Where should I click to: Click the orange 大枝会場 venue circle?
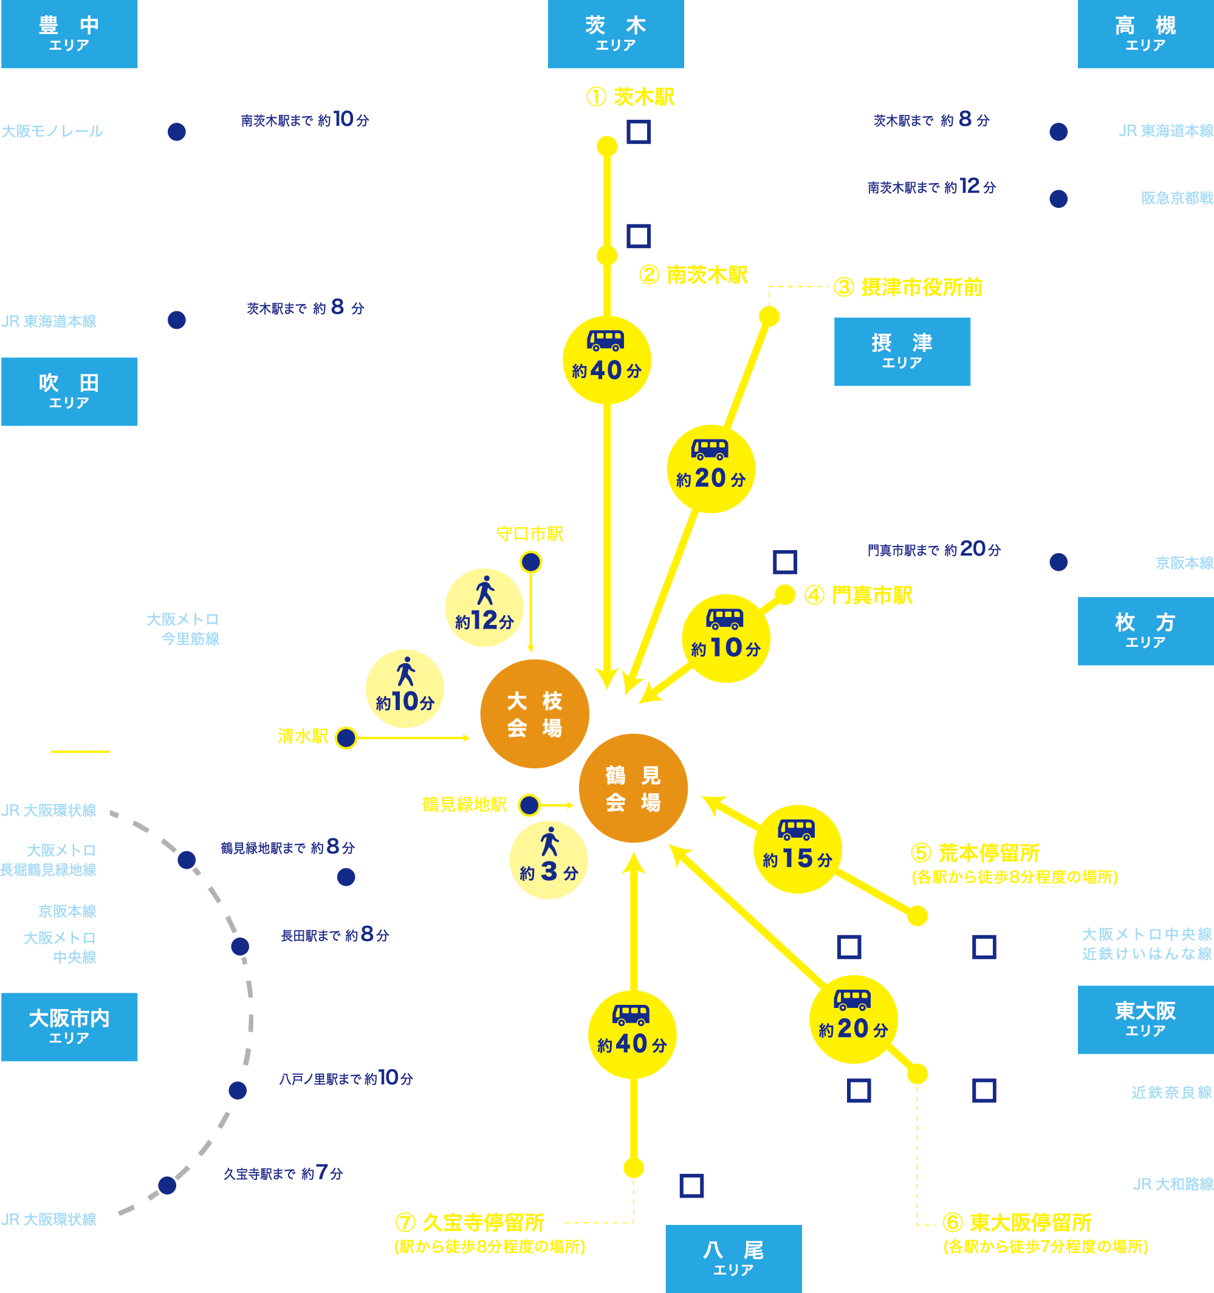[535, 714]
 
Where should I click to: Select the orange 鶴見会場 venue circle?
[633, 788]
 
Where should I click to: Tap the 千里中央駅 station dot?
[177, 132]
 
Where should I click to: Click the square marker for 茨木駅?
[638, 132]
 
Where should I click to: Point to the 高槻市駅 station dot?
[1058, 199]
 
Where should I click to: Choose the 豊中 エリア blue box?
[69, 34]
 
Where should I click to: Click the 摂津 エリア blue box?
[902, 351]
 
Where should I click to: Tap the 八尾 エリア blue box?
[733, 1258]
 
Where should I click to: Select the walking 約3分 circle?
[549, 861]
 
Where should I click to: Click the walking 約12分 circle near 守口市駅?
[484, 608]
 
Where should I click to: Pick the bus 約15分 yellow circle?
[797, 849]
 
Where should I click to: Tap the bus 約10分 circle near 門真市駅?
[725, 638]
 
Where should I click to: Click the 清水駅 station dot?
[346, 737]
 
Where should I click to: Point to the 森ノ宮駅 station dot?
[240, 946]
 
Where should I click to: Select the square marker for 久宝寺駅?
[691, 1185]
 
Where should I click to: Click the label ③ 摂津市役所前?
[908, 287]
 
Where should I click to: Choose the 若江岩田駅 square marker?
[984, 1090]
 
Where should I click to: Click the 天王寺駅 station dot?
[167, 1185]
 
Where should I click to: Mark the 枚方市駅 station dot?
[1058, 562]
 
